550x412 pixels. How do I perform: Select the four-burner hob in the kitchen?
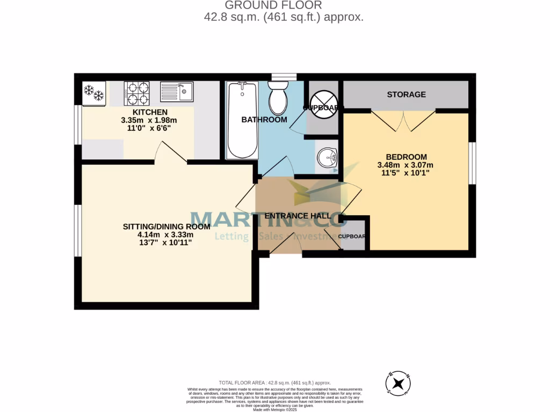pos(137,93)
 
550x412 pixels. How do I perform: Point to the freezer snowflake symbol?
pos(93,93)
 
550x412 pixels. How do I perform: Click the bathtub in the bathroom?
pos(242,120)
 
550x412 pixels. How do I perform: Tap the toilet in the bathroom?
pos(279,98)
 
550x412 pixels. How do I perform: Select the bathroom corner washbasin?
pos(328,157)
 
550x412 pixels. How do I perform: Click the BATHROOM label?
pos(264,120)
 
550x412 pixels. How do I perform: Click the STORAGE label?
pos(406,94)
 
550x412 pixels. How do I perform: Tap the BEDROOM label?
pos(406,157)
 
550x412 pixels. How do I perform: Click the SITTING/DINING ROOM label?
pos(165,226)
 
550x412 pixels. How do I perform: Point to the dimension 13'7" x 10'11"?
pos(165,242)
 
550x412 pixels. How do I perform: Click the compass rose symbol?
pos(399,384)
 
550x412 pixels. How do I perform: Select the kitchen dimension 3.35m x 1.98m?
pos(149,120)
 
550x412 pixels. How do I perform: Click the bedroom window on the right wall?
pos(472,163)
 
